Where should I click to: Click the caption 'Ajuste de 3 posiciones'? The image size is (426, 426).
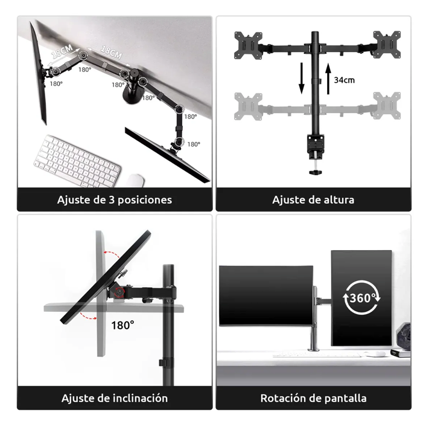(x=115, y=200)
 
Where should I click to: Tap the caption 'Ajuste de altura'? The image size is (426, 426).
(x=313, y=200)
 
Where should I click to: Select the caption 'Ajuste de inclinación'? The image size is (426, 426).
(x=115, y=398)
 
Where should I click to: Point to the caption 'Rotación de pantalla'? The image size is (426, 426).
(x=313, y=398)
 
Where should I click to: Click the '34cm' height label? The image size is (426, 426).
(x=345, y=80)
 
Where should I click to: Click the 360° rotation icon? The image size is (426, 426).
(x=361, y=297)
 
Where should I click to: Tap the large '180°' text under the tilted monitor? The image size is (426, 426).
(x=122, y=325)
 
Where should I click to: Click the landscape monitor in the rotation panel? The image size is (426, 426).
(x=265, y=295)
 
